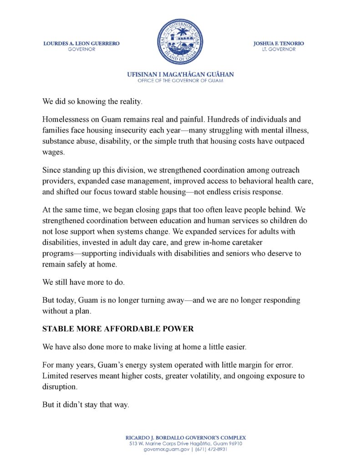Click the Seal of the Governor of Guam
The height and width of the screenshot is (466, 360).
(x=180, y=41)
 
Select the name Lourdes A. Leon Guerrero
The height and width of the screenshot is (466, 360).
(x=81, y=43)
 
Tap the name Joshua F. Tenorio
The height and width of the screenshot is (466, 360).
(x=279, y=43)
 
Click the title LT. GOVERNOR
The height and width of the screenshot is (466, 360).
(x=279, y=49)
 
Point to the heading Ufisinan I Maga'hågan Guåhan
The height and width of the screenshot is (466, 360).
(x=180, y=74)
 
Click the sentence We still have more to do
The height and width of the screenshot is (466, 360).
(x=83, y=282)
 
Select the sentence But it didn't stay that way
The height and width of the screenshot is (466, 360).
(x=86, y=404)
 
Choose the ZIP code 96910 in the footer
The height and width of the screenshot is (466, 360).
(x=233, y=443)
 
